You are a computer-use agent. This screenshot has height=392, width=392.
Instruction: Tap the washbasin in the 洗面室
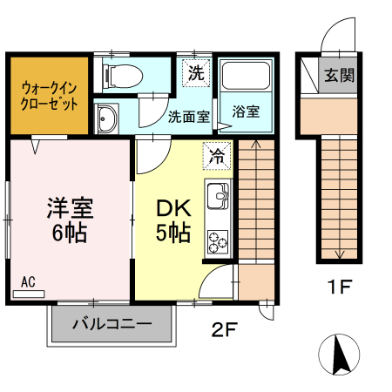109,118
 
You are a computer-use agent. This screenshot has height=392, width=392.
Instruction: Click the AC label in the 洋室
27,282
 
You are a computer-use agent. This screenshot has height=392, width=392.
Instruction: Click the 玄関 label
341,75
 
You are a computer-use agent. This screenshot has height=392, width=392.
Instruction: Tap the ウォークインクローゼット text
50,94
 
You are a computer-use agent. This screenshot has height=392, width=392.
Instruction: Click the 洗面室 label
188,115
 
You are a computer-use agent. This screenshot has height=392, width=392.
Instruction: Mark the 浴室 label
245,112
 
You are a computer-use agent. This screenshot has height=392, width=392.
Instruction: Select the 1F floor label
340,285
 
